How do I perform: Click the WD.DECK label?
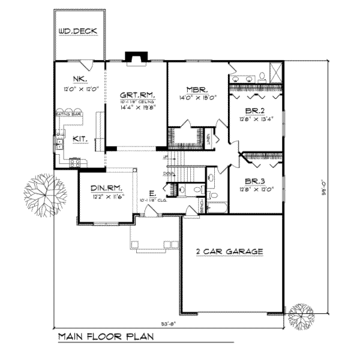tap(78, 32)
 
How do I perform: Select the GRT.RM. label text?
tap(136, 94)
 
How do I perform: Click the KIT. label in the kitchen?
tap(80, 139)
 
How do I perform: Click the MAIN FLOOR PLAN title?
tap(106, 337)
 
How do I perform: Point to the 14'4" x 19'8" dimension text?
tap(136, 109)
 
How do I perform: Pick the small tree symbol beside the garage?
tap(301, 315)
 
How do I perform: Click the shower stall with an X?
tap(275, 73)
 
